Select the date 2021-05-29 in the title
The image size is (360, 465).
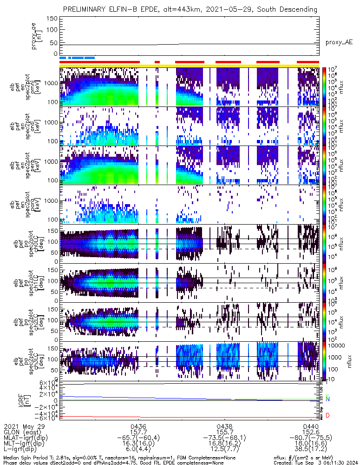[229, 9]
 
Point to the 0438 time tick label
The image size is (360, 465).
[225, 426]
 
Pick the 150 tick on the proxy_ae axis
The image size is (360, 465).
[52, 19]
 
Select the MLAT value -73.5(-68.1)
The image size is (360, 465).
[225, 438]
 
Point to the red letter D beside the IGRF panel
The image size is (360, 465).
[327, 415]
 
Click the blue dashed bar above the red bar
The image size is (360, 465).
[77, 58]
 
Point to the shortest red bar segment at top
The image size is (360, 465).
[157, 61]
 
